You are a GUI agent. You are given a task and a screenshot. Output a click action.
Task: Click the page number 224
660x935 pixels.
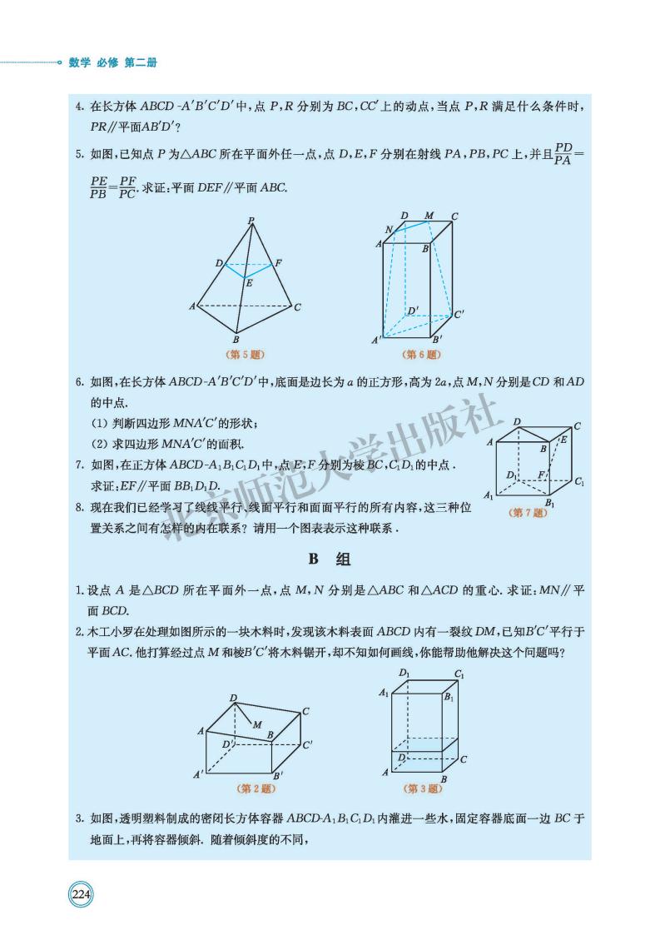[x=81, y=896]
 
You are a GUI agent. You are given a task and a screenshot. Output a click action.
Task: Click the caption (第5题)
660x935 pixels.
[x=246, y=355]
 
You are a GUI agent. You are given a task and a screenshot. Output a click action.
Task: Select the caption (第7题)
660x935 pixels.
[x=528, y=513]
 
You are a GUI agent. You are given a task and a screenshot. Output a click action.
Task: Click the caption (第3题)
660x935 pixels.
[x=423, y=788]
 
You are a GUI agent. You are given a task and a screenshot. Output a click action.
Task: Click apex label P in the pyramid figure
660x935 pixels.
[x=251, y=221]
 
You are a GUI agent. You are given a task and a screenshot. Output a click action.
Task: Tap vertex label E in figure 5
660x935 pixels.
[x=249, y=283]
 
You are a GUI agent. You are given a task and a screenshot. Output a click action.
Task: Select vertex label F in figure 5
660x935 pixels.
[x=278, y=263]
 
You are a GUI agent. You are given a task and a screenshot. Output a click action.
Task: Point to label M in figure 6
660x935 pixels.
[x=429, y=216]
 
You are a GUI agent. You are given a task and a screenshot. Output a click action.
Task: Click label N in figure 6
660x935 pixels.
[x=388, y=229]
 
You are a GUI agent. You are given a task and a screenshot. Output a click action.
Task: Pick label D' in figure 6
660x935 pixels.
[x=412, y=311]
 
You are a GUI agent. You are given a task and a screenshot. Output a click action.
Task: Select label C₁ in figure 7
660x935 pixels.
[x=578, y=482]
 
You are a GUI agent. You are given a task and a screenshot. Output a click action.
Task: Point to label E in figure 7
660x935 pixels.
[x=563, y=439]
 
